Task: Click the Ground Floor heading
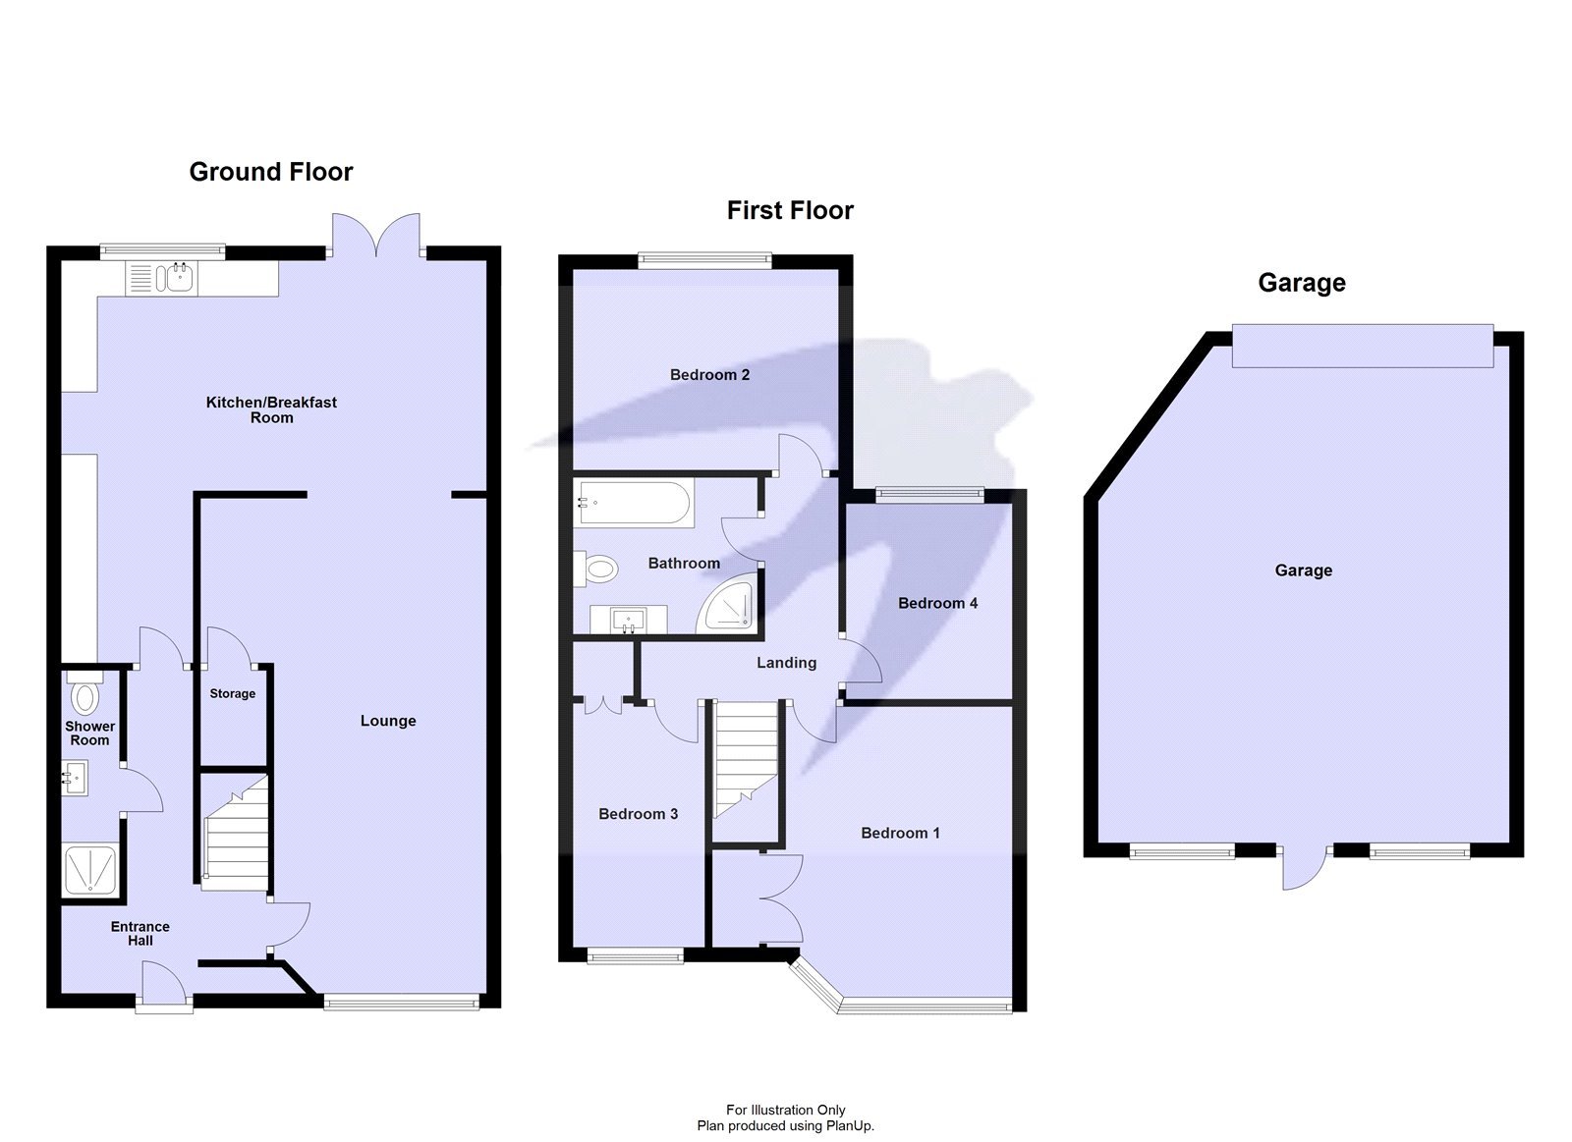pyautogui.click(x=271, y=172)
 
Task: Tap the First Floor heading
pyautogui.click(x=790, y=210)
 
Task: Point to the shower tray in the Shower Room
pyautogui.click(x=89, y=871)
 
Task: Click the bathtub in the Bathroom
pyautogui.click(x=634, y=502)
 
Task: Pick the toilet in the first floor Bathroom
pyautogui.click(x=595, y=569)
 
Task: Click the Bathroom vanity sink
pyautogui.click(x=628, y=619)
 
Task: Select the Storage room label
pyautogui.click(x=232, y=694)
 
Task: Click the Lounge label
pyautogui.click(x=388, y=721)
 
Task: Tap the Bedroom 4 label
pyautogui.click(x=937, y=603)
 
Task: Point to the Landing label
pyautogui.click(x=787, y=663)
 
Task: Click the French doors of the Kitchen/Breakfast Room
pyautogui.click(x=376, y=235)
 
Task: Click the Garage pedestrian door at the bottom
pyautogui.click(x=1304, y=868)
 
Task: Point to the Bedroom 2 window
pyautogui.click(x=704, y=261)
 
